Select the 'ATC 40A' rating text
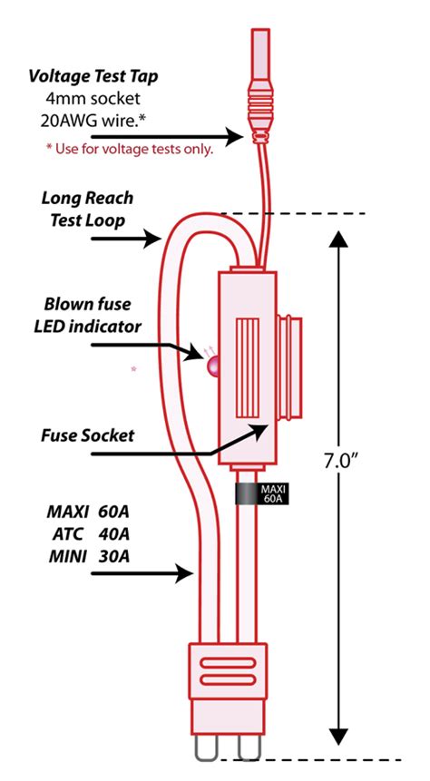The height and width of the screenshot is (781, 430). click(x=86, y=532)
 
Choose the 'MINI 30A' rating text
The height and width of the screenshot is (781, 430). click(x=86, y=555)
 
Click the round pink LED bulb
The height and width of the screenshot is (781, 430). click(x=215, y=366)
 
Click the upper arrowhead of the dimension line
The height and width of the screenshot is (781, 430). click(x=337, y=240)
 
